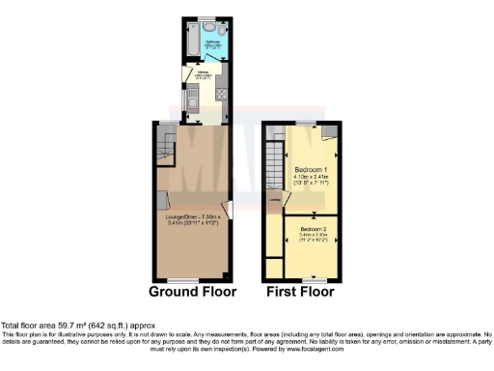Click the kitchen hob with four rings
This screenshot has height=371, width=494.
click(x=221, y=95)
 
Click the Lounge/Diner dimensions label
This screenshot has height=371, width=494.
click(x=193, y=220)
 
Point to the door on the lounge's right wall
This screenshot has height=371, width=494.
click(x=226, y=209)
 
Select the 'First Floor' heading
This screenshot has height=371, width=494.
click(x=300, y=292)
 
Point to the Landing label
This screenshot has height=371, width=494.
click(x=275, y=201)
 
